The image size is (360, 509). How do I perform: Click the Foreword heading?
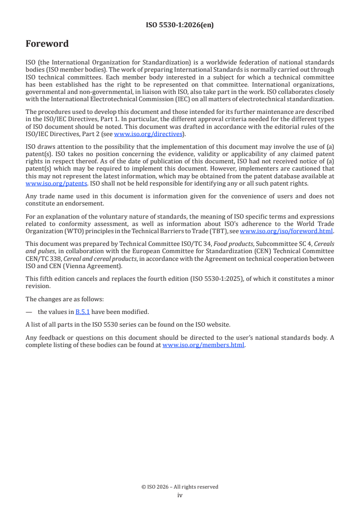[x=47, y=44]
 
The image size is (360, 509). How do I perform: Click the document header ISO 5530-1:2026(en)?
[x=180, y=25]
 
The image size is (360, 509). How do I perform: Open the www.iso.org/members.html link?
[x=203, y=345]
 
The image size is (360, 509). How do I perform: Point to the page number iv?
[x=180, y=495]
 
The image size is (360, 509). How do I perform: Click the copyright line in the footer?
[x=180, y=487]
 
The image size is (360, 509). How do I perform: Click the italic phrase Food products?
[x=238, y=244]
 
